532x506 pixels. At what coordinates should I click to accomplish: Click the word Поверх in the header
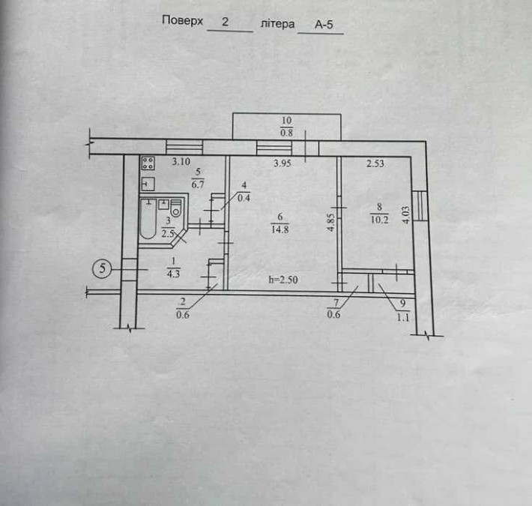point(182,22)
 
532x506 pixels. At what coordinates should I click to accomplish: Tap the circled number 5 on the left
point(103,266)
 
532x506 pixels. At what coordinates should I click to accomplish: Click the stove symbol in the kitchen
point(148,163)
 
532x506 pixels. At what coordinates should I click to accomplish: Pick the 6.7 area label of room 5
point(198,183)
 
